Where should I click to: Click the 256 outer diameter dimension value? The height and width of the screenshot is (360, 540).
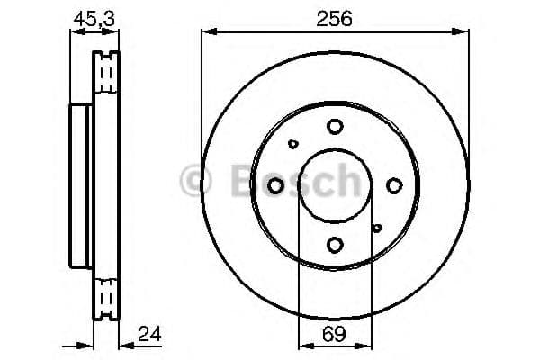click(335, 17)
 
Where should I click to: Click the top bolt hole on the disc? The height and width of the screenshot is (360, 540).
click(335, 126)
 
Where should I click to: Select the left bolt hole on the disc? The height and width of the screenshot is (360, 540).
click(276, 185)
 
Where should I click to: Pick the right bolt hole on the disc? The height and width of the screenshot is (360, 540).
click(394, 185)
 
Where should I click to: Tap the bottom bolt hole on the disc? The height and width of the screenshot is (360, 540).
click(335, 244)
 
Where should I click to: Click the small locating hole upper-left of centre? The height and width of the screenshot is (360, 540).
click(293, 143)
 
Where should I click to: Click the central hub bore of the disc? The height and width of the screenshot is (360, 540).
click(335, 185)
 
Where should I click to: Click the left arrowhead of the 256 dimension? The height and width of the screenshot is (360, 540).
click(206, 32)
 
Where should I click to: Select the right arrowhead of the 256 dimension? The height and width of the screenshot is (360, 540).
click(465, 32)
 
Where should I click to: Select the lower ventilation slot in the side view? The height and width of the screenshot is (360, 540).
click(107, 297)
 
